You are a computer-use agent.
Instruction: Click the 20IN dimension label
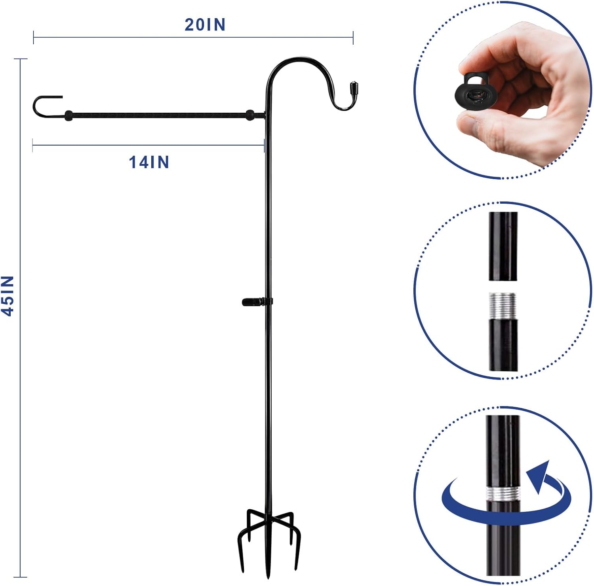click(205, 25)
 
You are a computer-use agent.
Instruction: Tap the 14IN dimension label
click(149, 163)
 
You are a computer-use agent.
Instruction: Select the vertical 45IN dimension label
click(8, 296)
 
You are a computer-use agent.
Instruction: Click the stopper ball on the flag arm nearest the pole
click(250, 115)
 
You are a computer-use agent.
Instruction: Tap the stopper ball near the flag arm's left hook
click(68, 115)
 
